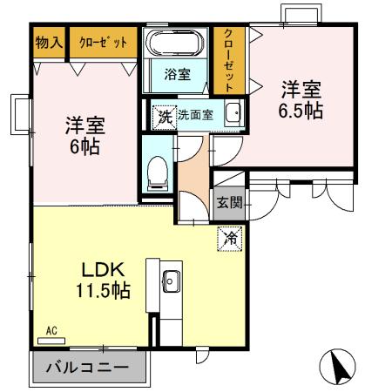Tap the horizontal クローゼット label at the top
pos(103,42)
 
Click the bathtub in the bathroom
pos(176,44)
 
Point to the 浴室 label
pos(178,74)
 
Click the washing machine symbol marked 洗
pos(164,115)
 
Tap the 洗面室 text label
pos(195,114)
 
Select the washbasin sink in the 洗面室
pos(233,113)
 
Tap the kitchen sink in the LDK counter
pos(170,280)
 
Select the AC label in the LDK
pos(51,331)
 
